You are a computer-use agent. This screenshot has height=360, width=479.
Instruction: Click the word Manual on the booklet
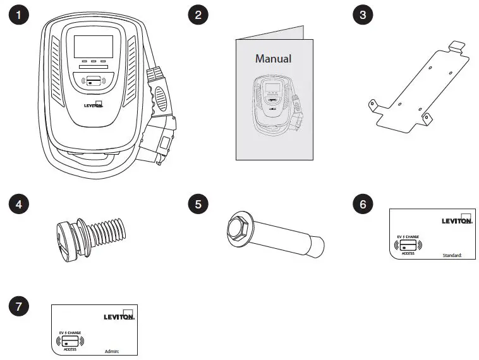(x=273, y=59)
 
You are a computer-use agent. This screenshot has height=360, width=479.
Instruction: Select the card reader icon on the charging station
(x=93, y=81)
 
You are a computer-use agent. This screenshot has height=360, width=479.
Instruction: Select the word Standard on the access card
(x=452, y=256)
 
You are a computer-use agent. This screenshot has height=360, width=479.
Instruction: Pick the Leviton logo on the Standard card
(x=457, y=220)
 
